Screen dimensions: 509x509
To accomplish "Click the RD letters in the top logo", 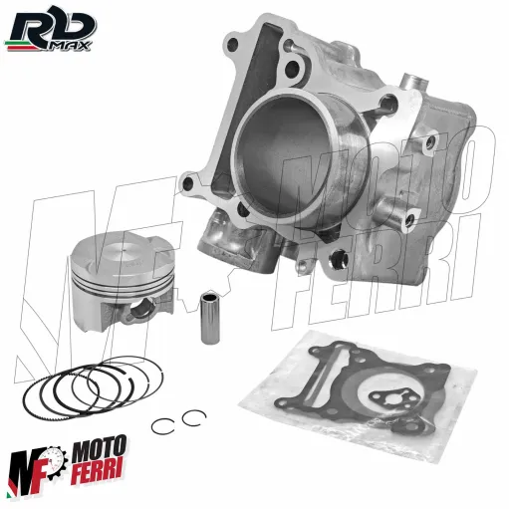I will pyautogui.click(x=40, y=22).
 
